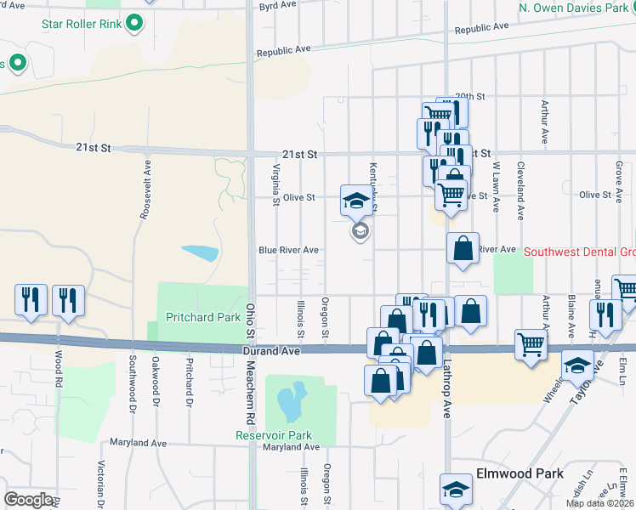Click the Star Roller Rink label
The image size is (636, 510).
tap(82, 24)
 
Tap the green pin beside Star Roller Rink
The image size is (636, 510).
tap(133, 24)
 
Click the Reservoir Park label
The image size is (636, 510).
tap(275, 435)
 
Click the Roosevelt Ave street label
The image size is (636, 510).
tap(145, 190)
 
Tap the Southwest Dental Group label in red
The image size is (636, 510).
tap(579, 252)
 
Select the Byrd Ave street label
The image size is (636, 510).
tap(277, 5)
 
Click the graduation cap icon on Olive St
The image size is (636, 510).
tap(355, 201)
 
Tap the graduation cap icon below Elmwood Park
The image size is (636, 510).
tap(456, 490)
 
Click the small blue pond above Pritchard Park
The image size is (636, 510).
tap(199, 252)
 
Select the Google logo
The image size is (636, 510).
tap(28, 499)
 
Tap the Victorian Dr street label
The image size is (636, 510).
tap(101, 485)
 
